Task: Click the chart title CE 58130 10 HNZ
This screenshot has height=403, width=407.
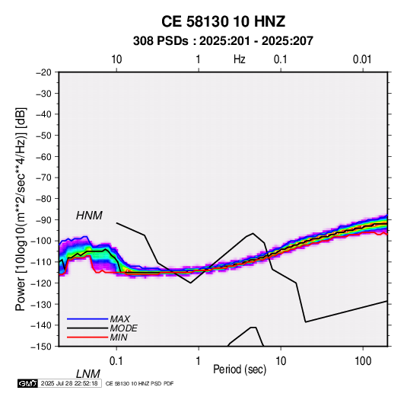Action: pyautogui.click(x=223, y=21)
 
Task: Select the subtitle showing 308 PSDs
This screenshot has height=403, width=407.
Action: pyautogui.click(x=223, y=41)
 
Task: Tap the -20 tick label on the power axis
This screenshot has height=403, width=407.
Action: pyautogui.click(x=43, y=72)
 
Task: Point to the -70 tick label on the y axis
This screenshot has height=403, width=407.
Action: pyautogui.click(x=43, y=178)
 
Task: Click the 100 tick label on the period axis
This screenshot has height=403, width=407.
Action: pyautogui.click(x=363, y=361)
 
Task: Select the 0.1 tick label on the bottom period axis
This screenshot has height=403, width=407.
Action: pyautogui.click(x=116, y=361)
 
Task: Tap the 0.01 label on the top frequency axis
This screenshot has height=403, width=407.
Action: pyautogui.click(x=362, y=59)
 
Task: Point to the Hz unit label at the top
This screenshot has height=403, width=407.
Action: pyautogui.click(x=240, y=59)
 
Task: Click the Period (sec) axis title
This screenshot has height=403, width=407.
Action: pyautogui.click(x=240, y=369)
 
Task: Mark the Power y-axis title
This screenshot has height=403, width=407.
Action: pyautogui.click(x=21, y=209)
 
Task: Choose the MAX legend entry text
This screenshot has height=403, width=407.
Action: pyautogui.click(x=120, y=318)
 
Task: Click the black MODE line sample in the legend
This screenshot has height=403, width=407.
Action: pyautogui.click(x=87, y=328)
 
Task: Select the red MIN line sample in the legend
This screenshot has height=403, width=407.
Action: pyautogui.click(x=87, y=337)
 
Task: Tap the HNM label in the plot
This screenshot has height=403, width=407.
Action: pyautogui.click(x=89, y=216)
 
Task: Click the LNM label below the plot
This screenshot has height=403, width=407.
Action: pyautogui.click(x=88, y=374)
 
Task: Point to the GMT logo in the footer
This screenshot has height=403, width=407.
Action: pyautogui.click(x=28, y=383)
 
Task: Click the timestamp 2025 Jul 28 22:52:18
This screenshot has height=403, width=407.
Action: pyautogui.click(x=69, y=383)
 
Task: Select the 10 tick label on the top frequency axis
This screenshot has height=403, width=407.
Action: pyautogui.click(x=116, y=59)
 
